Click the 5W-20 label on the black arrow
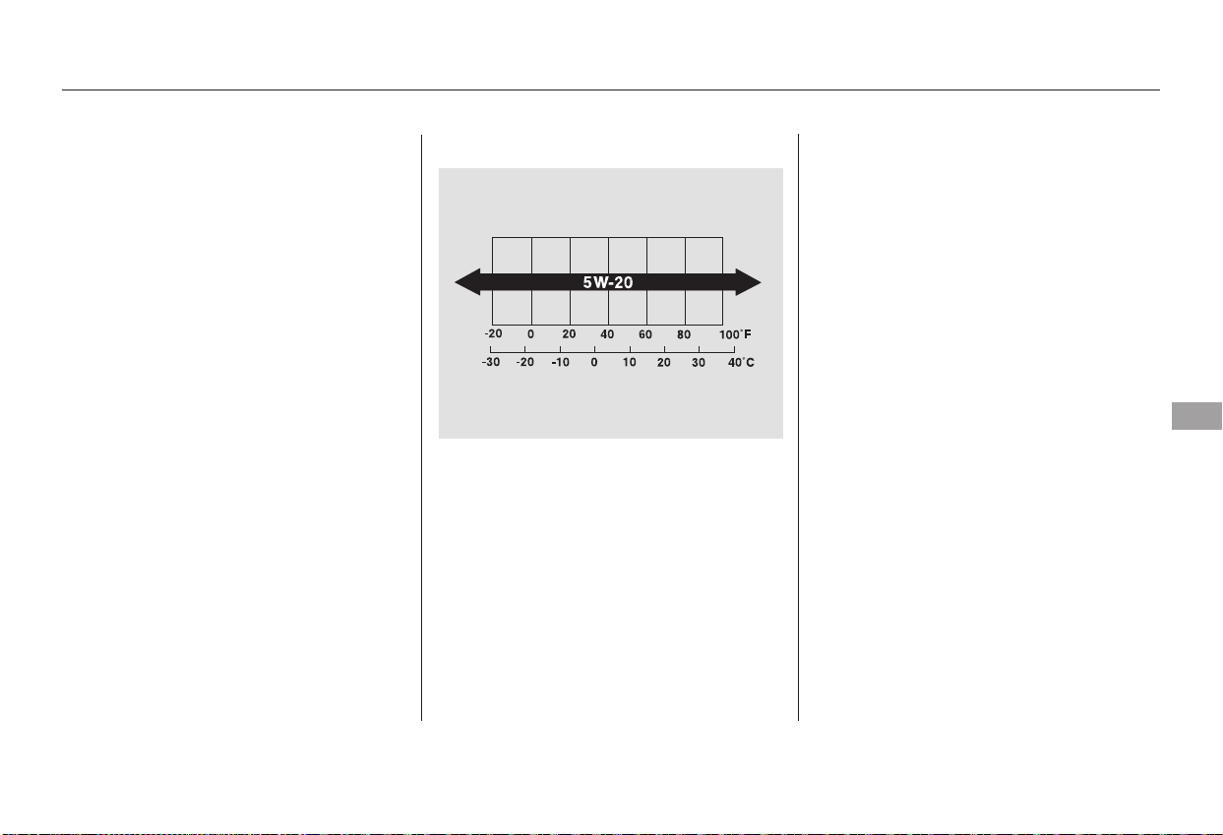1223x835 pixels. click(x=608, y=282)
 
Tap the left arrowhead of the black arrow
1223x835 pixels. click(x=468, y=282)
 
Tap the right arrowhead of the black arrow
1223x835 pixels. click(x=748, y=282)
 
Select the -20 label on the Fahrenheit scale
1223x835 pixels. click(x=493, y=333)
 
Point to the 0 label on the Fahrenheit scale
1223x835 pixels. click(x=530, y=334)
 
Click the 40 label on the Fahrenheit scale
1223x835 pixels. click(x=607, y=334)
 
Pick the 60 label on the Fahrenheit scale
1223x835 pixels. click(x=645, y=334)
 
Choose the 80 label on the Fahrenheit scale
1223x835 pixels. click(x=684, y=334)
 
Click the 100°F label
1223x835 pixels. click(x=735, y=334)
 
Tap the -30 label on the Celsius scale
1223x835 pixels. click(x=491, y=362)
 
